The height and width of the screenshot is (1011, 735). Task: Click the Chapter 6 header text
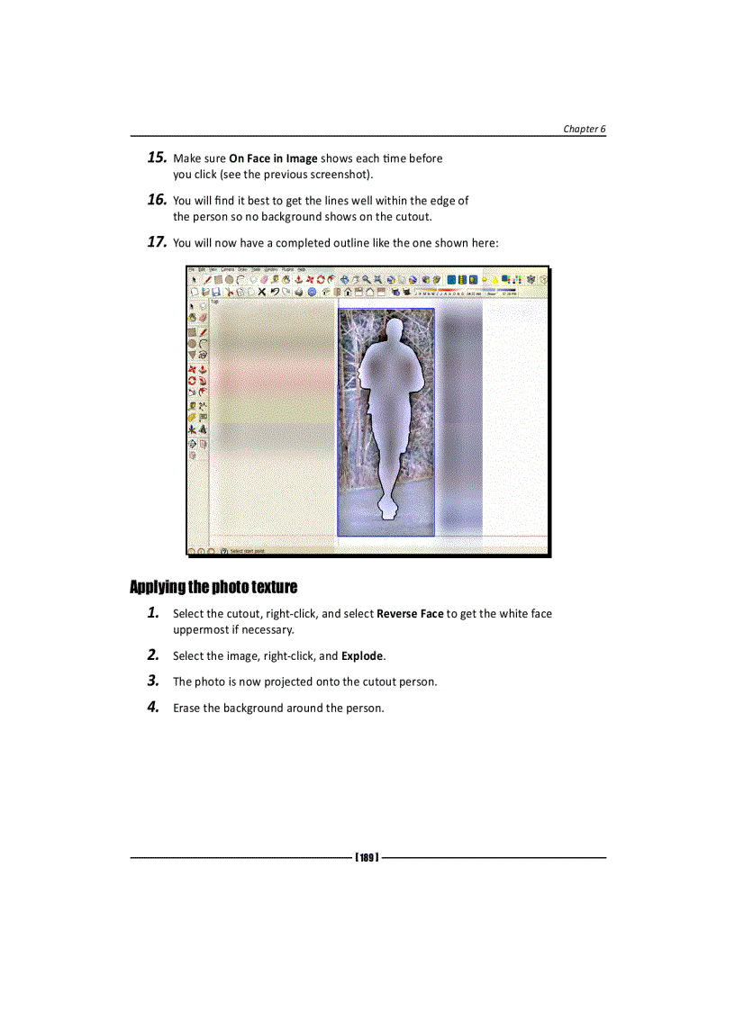tap(584, 129)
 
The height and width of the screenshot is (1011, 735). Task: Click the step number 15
tap(156, 158)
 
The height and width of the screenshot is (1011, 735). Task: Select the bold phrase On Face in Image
tap(273, 158)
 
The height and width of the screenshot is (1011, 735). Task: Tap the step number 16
tap(156, 200)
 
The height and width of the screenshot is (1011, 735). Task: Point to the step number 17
tap(156, 242)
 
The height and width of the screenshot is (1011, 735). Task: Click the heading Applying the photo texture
tap(213, 588)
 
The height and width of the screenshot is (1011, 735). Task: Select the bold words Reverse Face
tap(410, 614)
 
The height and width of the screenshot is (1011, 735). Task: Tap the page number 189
tap(366, 857)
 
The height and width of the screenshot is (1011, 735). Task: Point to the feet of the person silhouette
tap(388, 513)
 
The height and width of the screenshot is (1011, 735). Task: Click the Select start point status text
tap(247, 551)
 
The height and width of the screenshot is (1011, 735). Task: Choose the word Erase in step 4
tap(186, 708)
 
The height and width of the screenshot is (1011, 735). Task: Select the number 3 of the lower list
tap(154, 681)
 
